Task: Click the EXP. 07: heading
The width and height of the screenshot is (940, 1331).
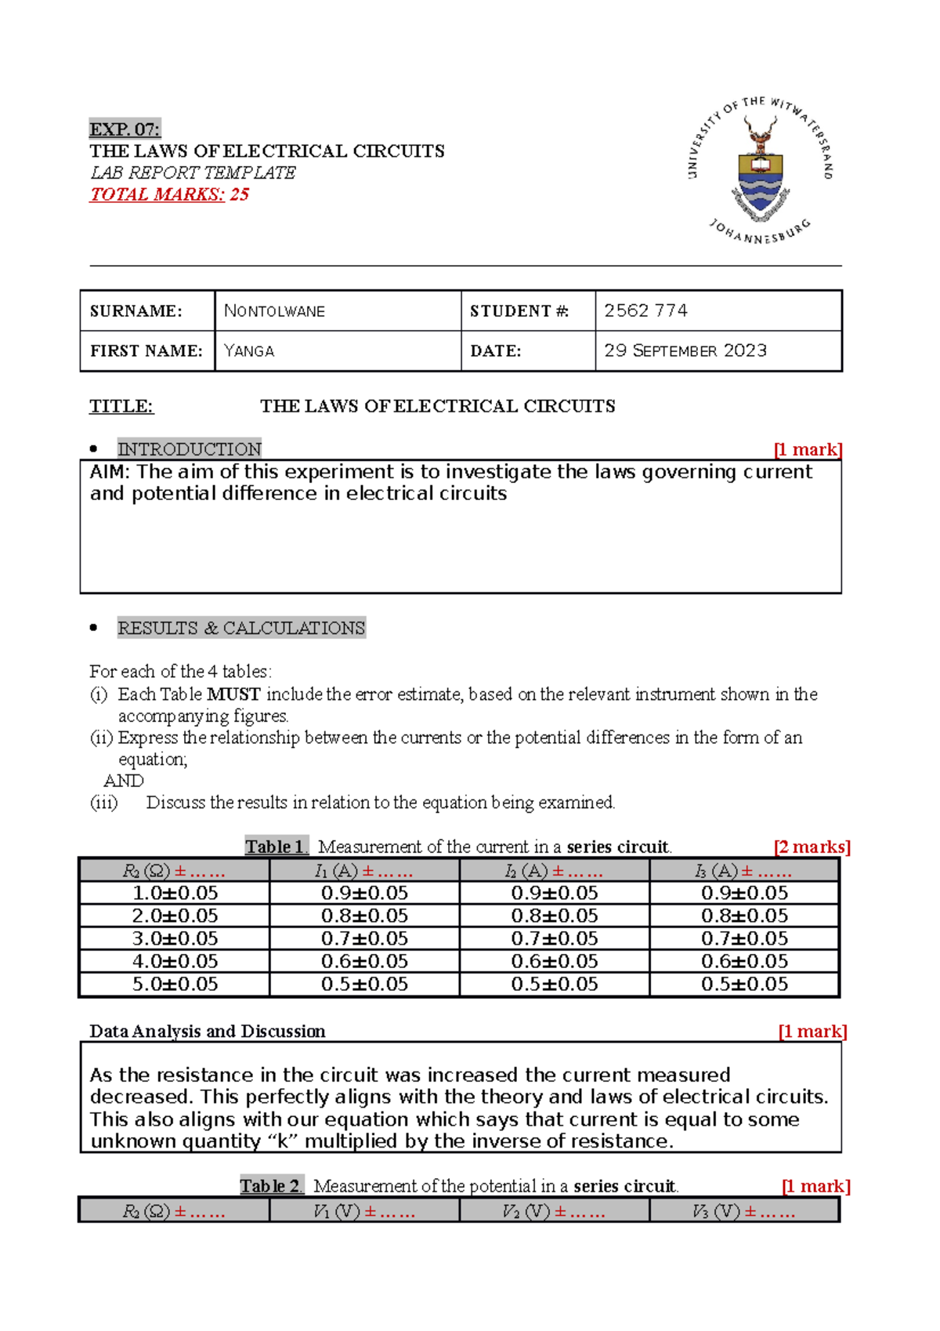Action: [x=125, y=129]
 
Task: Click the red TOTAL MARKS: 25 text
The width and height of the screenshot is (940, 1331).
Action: [x=169, y=194]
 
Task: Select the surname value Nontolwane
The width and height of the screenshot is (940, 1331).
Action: [x=274, y=311]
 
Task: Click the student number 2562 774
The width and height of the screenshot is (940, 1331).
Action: [x=645, y=310]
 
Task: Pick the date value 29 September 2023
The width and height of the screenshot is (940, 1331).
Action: [x=685, y=350]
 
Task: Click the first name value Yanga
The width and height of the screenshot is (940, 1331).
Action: [x=249, y=351]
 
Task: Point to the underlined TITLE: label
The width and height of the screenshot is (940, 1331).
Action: [x=121, y=406]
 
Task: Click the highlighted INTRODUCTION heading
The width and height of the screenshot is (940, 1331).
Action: [x=189, y=449]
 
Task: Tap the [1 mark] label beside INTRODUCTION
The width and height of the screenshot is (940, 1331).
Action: [x=807, y=449]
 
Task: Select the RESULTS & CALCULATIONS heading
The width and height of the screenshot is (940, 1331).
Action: [x=241, y=628]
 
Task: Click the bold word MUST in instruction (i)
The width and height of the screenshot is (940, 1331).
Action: [x=233, y=695]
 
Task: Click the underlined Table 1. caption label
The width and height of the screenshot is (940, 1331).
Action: [x=277, y=847]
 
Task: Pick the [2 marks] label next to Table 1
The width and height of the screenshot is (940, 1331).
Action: [x=812, y=847]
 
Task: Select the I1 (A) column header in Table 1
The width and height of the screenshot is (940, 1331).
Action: [x=363, y=871]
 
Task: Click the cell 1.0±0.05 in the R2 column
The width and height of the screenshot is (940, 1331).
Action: [x=175, y=893]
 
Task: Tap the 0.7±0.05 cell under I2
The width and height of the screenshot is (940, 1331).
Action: [x=554, y=938]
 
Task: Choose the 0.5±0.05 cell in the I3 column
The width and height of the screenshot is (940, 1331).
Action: [x=744, y=984]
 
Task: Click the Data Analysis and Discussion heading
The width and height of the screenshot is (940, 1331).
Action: [x=207, y=1032]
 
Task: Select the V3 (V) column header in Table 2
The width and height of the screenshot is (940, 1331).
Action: [x=743, y=1212]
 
